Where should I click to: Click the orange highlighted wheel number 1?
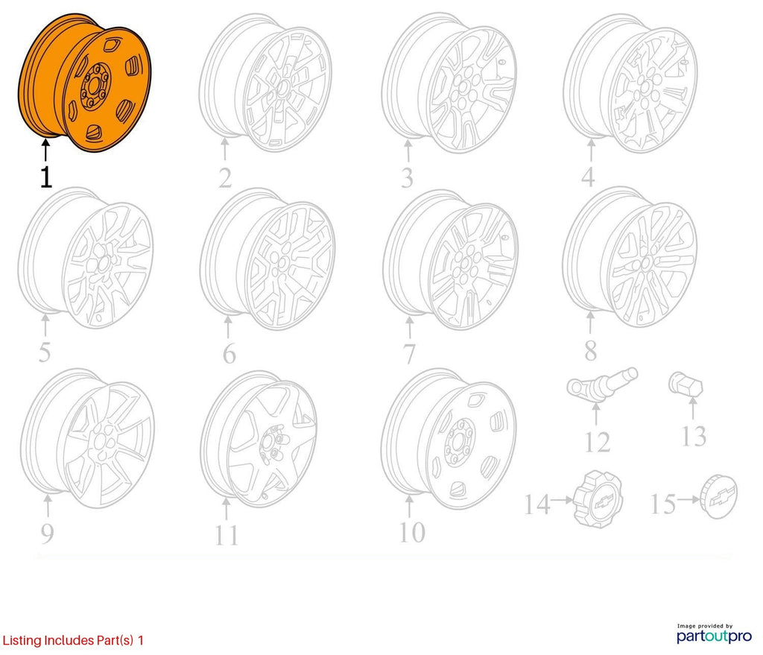tap(84, 83)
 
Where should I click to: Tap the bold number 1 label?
tap(45, 177)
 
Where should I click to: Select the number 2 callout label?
tap(225, 178)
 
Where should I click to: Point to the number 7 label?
tap(409, 353)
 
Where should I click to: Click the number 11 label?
tap(227, 536)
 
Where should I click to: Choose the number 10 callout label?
tap(411, 532)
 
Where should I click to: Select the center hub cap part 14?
tap(598, 499)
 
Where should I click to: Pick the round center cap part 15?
tap(719, 497)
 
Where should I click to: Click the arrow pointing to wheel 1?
tap(45, 149)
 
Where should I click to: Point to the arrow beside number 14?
tap(563, 500)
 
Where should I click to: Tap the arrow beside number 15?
tap(689, 499)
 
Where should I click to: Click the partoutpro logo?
tap(714, 634)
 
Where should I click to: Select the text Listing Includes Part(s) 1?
tap(73, 640)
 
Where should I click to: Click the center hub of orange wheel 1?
tap(95, 85)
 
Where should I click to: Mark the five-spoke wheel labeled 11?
tap(259, 440)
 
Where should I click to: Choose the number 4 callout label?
tap(588, 177)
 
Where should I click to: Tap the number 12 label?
tap(597, 442)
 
